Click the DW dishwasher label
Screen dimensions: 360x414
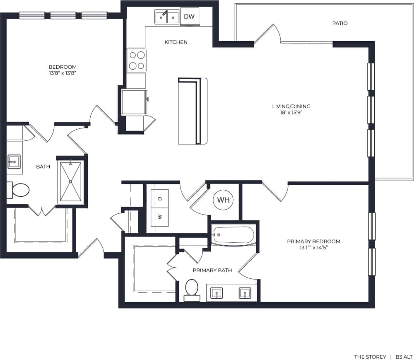(189, 17)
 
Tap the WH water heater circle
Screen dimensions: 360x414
(223, 200)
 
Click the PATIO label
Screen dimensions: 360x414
(339, 23)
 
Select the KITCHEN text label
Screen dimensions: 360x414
(176, 42)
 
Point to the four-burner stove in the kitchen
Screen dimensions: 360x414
(137, 60)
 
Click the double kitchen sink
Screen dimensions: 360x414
(167, 17)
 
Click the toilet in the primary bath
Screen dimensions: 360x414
(192, 288)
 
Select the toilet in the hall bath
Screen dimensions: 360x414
(19, 191)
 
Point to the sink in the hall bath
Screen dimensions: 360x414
(14, 161)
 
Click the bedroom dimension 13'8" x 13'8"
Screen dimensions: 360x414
(63, 73)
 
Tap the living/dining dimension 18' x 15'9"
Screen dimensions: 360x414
(291, 112)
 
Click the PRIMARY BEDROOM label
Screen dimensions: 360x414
(314, 241)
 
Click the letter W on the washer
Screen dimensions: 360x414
(160, 216)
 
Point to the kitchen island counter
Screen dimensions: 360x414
(193, 111)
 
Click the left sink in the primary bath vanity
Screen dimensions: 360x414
(216, 293)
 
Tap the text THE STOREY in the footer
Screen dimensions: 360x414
(370, 357)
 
